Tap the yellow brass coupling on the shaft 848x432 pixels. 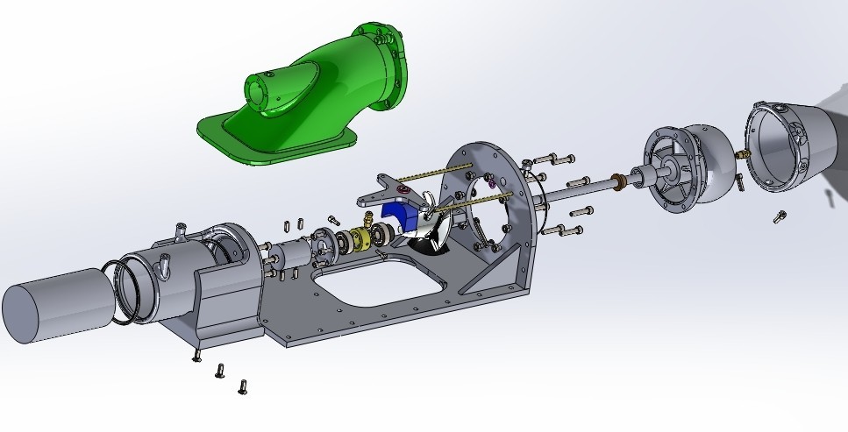[360, 239]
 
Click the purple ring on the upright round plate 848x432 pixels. [490, 184]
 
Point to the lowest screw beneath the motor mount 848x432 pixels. [242, 386]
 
